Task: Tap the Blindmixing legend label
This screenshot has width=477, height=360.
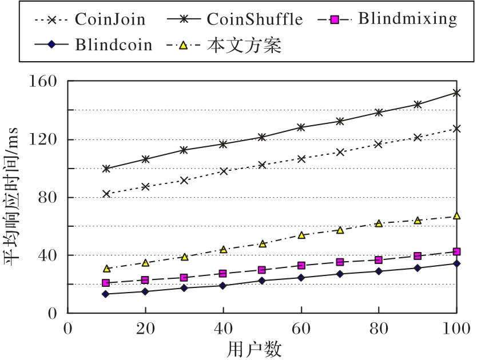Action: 408,19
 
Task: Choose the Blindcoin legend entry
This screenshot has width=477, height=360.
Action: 114,45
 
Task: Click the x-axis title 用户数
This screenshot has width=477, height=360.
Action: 262,348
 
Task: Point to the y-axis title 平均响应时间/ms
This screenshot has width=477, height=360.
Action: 14,197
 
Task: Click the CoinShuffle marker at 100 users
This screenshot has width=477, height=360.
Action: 456,93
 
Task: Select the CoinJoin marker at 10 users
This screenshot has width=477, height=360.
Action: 106,194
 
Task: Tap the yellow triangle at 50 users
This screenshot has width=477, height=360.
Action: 263,243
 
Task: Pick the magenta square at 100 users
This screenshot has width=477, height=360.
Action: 456,251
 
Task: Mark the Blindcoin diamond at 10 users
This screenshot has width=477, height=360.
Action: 106,294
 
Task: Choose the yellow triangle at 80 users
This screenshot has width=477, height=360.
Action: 379,223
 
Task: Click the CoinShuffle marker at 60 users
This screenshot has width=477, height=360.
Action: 301,127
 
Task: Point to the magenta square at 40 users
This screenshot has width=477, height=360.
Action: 223,274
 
